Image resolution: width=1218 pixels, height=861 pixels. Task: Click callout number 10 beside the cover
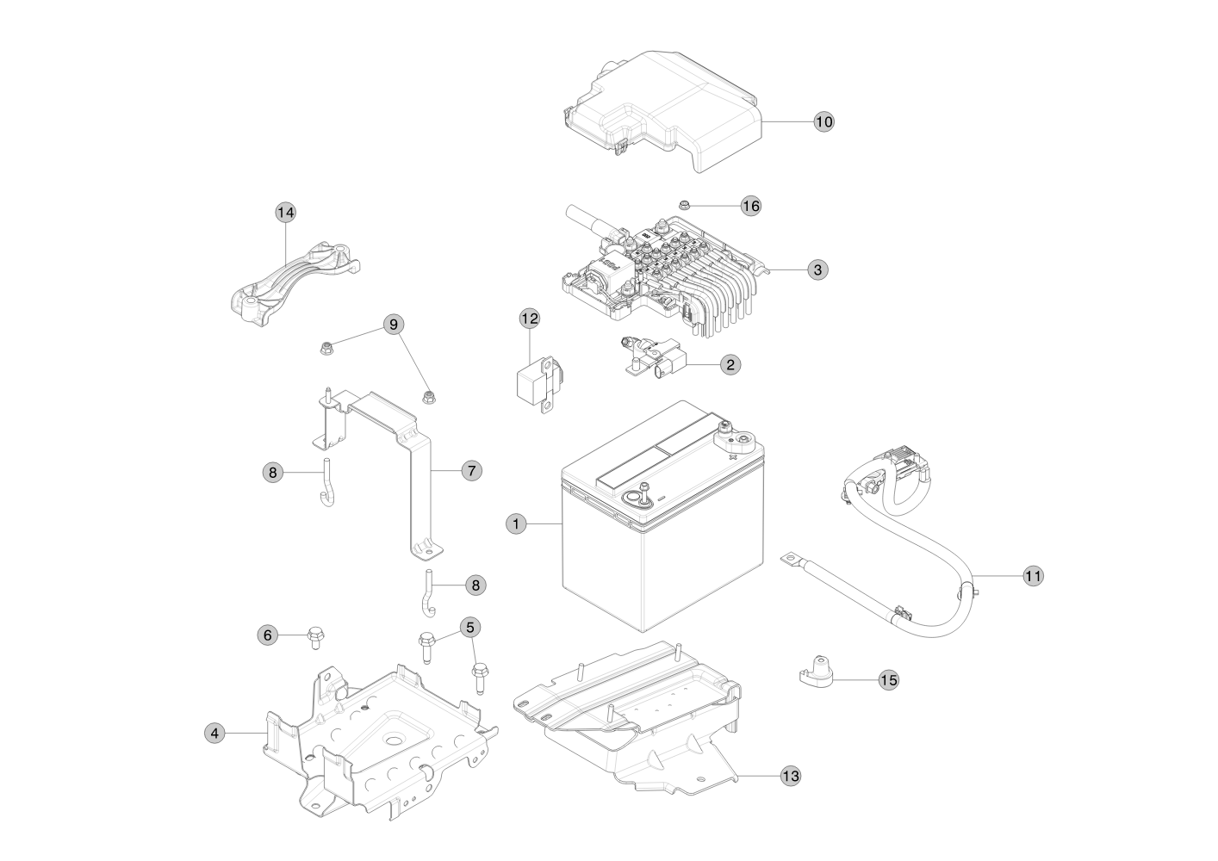[823, 121]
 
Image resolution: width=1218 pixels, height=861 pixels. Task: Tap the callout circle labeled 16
[751, 206]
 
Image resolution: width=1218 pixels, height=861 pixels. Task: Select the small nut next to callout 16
[682, 205]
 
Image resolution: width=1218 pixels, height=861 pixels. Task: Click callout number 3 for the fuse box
[817, 269]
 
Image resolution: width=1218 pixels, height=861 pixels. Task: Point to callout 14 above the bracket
[285, 212]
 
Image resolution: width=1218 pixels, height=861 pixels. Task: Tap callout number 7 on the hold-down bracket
[471, 471]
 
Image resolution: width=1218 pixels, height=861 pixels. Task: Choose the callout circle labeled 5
[469, 627]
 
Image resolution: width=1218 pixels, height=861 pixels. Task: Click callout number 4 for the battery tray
[215, 733]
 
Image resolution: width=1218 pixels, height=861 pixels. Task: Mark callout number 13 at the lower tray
[790, 776]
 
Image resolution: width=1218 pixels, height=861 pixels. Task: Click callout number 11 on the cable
[1033, 575]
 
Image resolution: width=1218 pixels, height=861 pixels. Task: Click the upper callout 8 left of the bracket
[272, 472]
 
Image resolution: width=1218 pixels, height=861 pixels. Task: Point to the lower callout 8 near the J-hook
[475, 585]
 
